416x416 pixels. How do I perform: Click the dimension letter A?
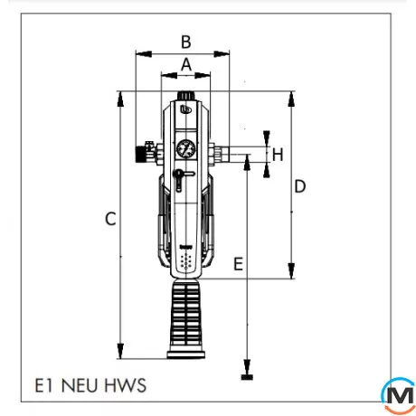click(185, 64)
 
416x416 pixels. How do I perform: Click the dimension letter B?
click(185, 41)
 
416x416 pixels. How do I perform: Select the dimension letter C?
click(109, 219)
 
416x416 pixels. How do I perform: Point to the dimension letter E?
click(238, 264)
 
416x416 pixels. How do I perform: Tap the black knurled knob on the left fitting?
click(142, 153)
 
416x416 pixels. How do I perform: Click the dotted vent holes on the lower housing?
click(186, 262)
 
